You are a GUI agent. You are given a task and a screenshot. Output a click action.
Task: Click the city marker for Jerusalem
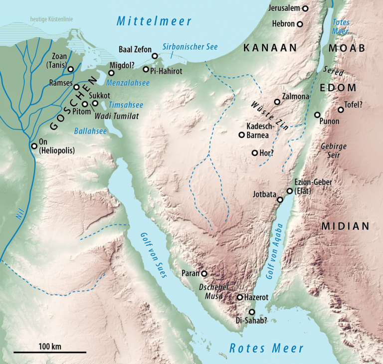click(305, 8)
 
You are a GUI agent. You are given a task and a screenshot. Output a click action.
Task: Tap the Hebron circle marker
click(300, 24)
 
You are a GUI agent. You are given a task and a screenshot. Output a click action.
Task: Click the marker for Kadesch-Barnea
click(241, 135)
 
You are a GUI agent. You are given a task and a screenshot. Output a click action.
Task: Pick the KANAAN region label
click(270, 48)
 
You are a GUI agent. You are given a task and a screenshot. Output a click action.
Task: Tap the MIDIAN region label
click(345, 226)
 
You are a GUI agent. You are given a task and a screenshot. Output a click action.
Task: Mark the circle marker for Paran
click(203, 273)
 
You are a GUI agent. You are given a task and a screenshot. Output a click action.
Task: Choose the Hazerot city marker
click(240, 297)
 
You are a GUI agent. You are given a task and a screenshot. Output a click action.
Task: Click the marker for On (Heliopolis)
click(34, 146)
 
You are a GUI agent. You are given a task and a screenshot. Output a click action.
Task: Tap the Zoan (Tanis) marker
click(70, 69)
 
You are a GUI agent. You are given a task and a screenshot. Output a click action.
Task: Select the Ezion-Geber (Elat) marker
click(289, 190)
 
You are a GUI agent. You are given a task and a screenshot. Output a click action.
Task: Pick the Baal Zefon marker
click(155, 56)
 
